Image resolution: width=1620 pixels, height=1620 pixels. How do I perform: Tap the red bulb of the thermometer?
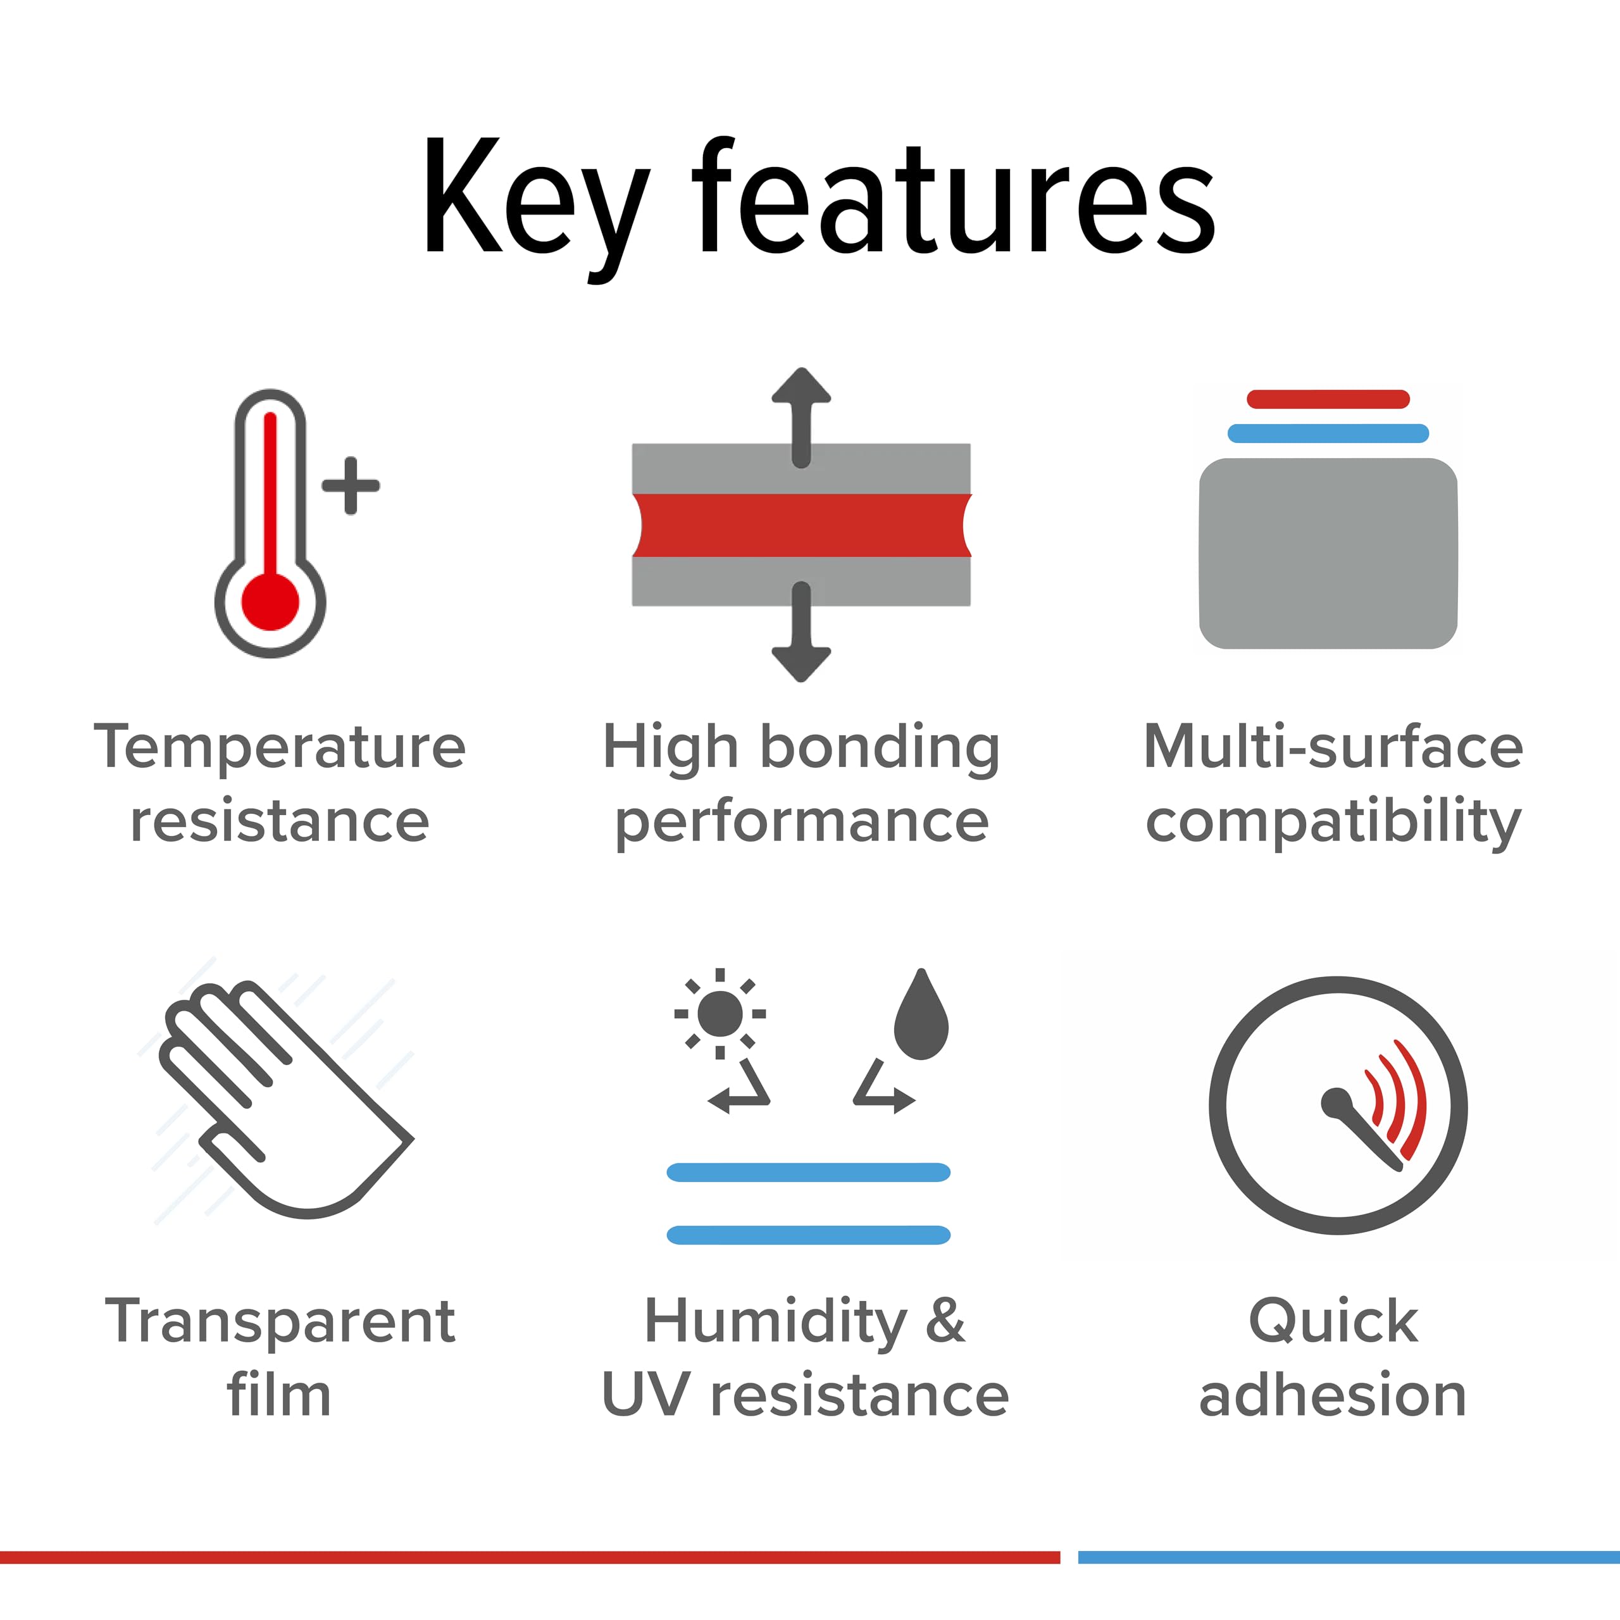[x=270, y=601]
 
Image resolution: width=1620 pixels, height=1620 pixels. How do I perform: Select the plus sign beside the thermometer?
[x=351, y=485]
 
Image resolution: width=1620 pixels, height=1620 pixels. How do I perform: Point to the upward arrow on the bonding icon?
[x=802, y=418]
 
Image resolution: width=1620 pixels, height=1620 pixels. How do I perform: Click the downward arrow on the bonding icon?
[x=802, y=632]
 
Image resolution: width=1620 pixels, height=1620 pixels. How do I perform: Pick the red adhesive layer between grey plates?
[x=802, y=525]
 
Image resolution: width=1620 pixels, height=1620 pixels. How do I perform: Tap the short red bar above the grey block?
[x=1328, y=399]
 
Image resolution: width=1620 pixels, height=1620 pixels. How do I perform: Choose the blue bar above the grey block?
[x=1328, y=433]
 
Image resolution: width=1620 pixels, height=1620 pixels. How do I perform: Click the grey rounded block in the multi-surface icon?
[x=1328, y=554]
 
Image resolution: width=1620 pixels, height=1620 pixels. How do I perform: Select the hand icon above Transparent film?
[x=285, y=1099]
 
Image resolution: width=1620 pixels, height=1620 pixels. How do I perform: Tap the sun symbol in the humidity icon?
[x=720, y=1014]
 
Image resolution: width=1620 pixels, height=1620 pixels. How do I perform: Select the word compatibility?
[x=1333, y=823]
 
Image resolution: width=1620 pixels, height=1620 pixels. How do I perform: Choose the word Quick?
[x=1333, y=1321]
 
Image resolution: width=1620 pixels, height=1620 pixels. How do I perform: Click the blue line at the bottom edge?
[x=1349, y=1557]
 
